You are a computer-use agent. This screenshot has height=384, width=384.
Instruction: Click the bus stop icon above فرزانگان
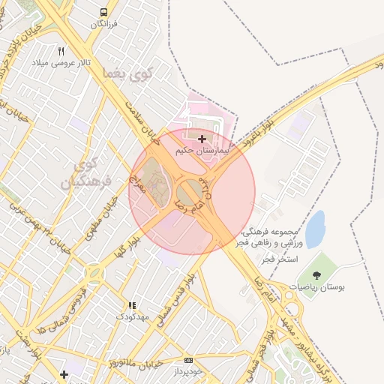[x=103, y=13]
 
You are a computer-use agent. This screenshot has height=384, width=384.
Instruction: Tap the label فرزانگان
[x=105, y=24]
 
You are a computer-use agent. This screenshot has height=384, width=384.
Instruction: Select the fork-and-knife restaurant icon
[x=61, y=51]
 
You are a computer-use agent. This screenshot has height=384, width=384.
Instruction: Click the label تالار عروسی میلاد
[x=61, y=63]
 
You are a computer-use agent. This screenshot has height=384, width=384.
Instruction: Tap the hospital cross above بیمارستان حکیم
[x=202, y=139]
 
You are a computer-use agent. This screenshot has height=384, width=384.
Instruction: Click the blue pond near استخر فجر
[x=315, y=229]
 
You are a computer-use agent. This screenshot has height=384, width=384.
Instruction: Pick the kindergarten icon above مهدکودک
[x=133, y=305]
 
